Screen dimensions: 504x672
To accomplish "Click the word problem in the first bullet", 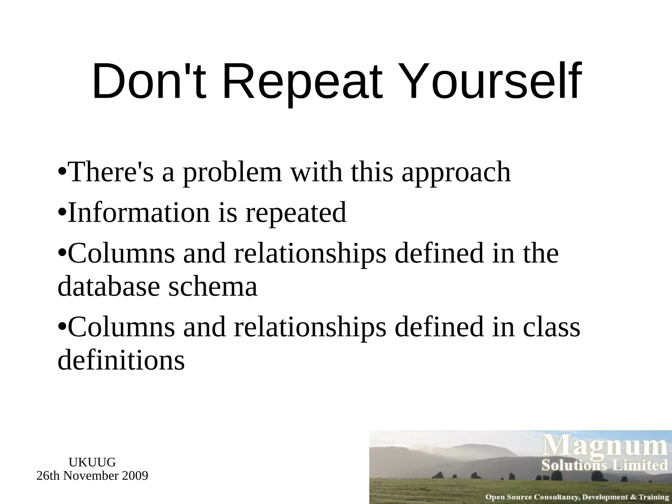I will point(232,173).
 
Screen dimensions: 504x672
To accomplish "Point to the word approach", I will point(456,173).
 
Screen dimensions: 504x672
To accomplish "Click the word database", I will point(109,286).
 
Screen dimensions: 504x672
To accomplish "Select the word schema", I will point(213,286).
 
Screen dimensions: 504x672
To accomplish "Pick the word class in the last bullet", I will point(551,327).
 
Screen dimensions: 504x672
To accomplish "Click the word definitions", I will point(121,360).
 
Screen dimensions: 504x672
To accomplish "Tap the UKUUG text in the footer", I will point(92,462).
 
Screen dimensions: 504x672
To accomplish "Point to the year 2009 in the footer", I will point(135,475).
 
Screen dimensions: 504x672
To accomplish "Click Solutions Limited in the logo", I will point(604,465).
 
